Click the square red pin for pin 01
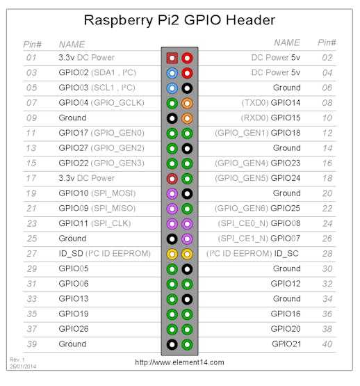[x=172, y=58]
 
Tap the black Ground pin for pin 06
[x=187, y=88]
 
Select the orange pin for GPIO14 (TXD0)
[x=187, y=104]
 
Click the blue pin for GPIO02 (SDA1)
[x=172, y=73]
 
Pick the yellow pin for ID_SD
[x=172, y=254]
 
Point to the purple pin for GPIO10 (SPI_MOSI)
[x=172, y=194]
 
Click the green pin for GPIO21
[x=187, y=344]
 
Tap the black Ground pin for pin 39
[x=172, y=344]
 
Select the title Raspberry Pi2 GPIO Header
[x=179, y=20]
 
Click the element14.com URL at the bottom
[x=179, y=362]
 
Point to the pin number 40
[x=327, y=344]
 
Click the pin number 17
[x=31, y=178]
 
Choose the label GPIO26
[x=74, y=329]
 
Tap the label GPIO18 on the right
[x=286, y=133]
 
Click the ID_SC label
[x=286, y=254]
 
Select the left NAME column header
[x=72, y=45]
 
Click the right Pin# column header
[x=327, y=42]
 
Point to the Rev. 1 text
[x=17, y=360]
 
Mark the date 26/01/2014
[x=23, y=367]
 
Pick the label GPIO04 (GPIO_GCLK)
[x=101, y=103]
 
